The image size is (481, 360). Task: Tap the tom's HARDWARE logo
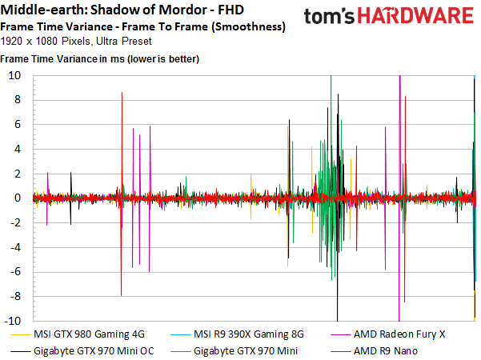click(391, 17)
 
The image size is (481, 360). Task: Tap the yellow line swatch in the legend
click(22, 334)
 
